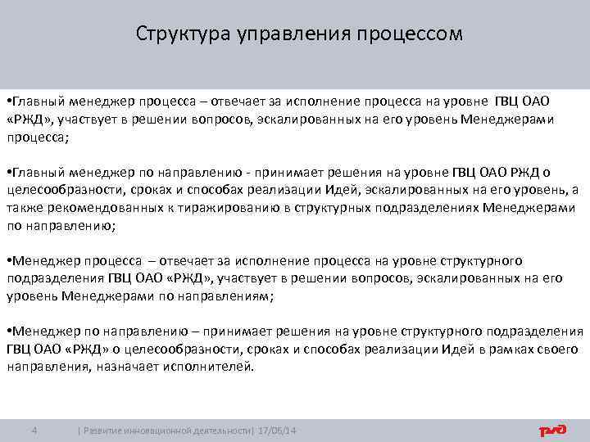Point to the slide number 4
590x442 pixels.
[34, 431]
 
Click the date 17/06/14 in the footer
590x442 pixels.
[278, 431]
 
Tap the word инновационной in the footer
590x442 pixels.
[158, 431]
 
